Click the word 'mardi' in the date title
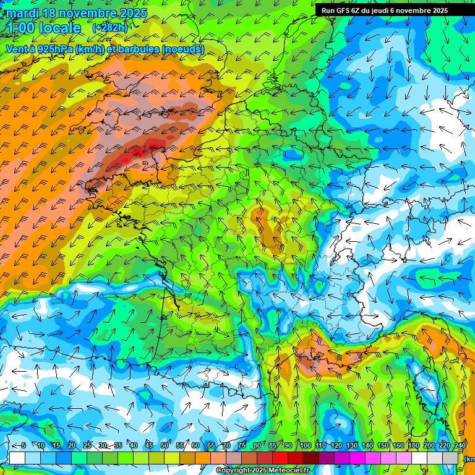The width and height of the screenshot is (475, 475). [x=21, y=13]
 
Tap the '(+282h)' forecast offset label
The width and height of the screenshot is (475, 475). [x=109, y=27]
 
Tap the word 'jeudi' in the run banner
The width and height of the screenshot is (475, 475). [x=392, y=11]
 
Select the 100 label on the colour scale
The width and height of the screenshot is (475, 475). [x=305, y=446]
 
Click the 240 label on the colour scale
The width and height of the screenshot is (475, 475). [x=460, y=446]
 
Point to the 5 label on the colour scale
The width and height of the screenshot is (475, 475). [x=24, y=446]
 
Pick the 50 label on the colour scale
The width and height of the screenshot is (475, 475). [x=165, y=446]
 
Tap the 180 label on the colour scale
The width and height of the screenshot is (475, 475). [x=413, y=446]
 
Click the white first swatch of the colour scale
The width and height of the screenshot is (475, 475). [x=17, y=458]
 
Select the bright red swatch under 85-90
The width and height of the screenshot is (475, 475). [x=281, y=458]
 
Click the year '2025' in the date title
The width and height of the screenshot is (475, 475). [x=132, y=13]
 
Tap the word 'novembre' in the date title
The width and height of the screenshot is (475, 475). [x=84, y=13]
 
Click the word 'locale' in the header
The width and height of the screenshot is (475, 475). [x=59, y=28]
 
